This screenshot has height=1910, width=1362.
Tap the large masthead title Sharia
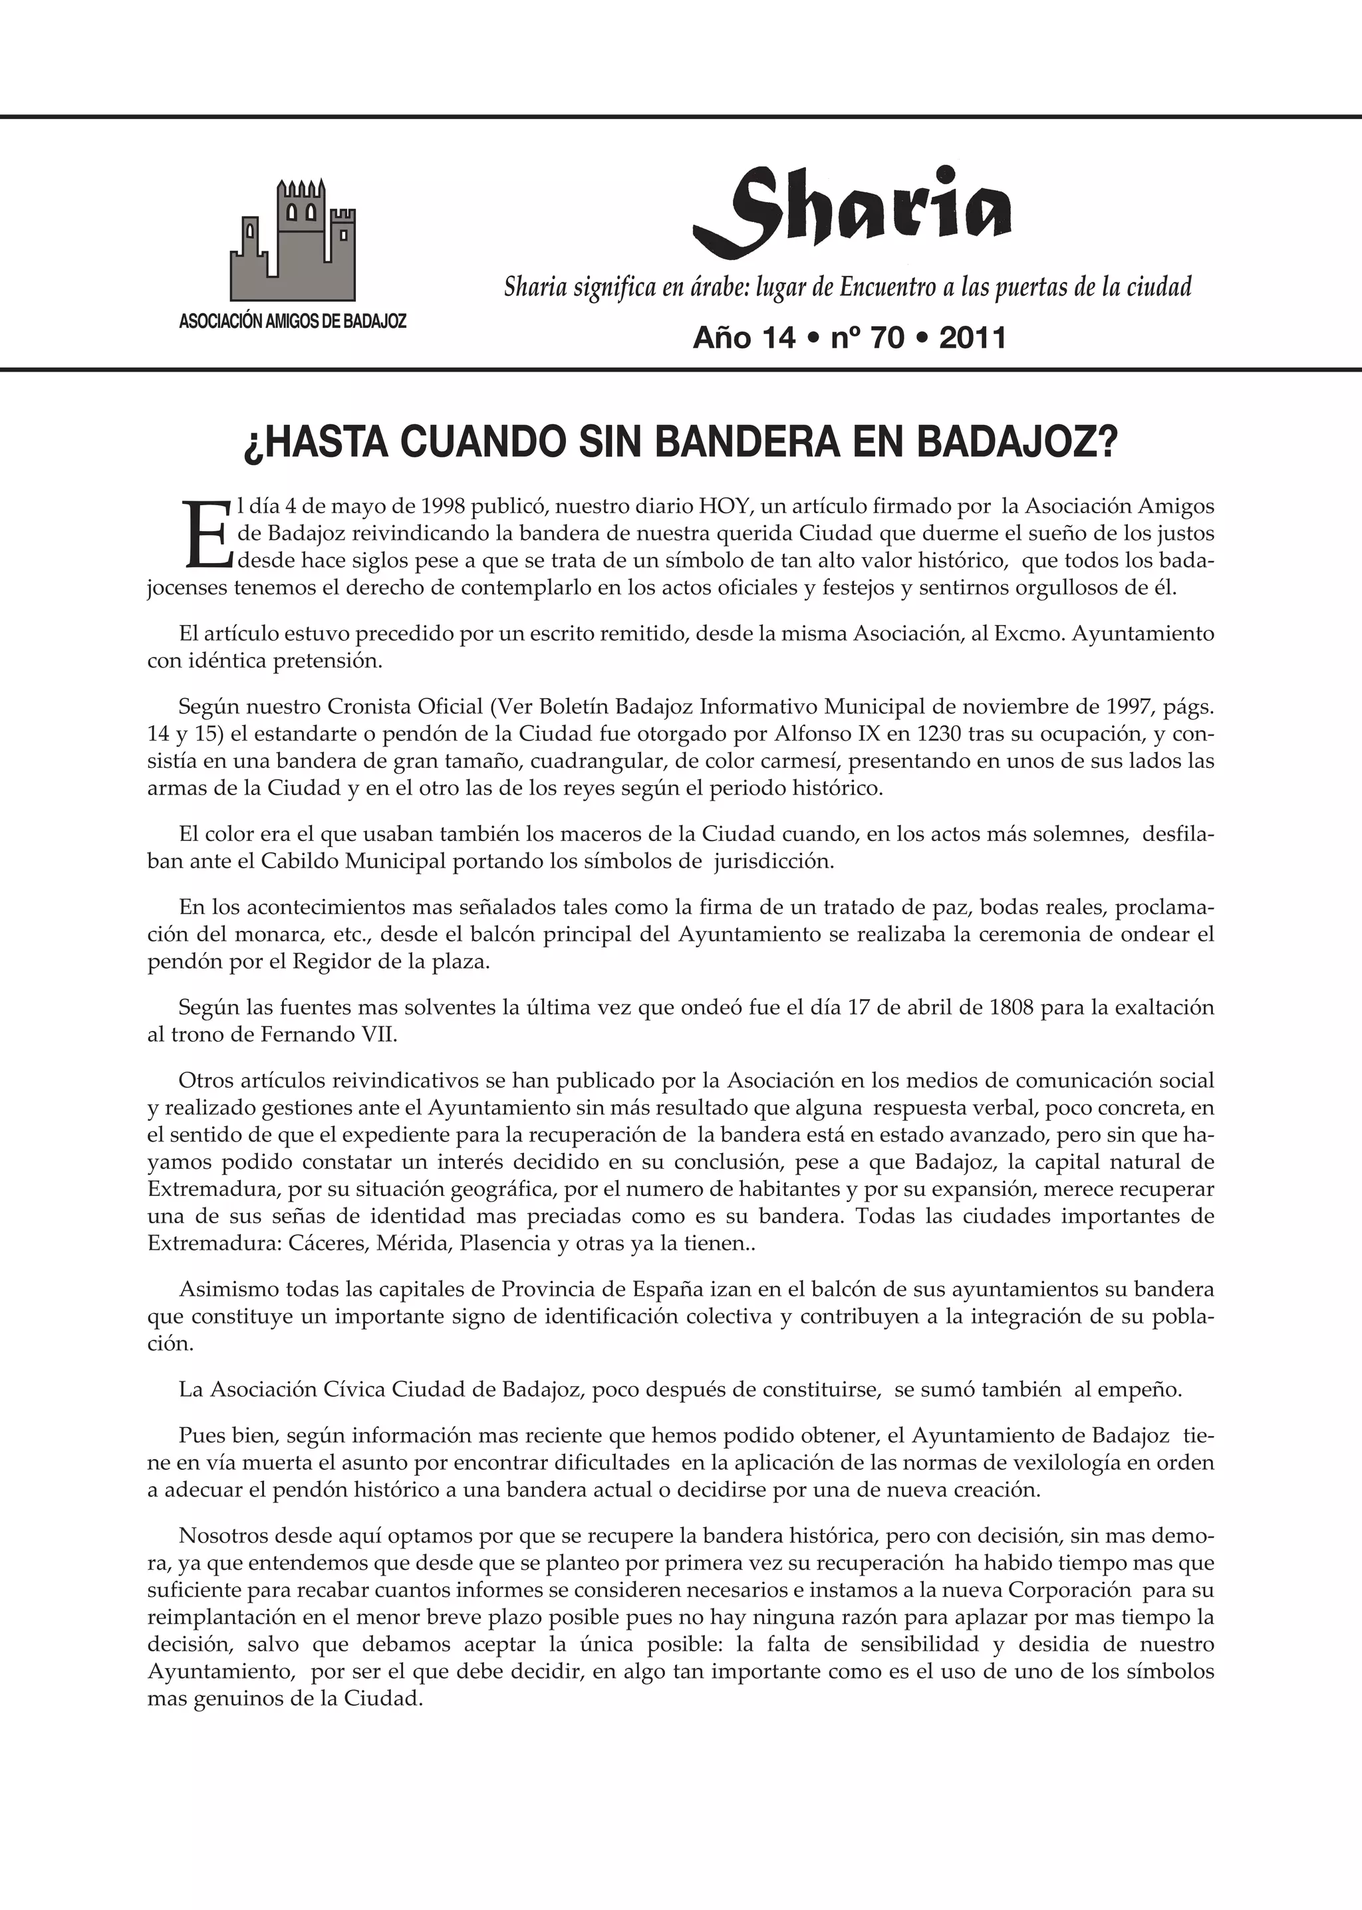click(x=851, y=212)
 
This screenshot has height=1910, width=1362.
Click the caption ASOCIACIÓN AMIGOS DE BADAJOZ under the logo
click(x=293, y=321)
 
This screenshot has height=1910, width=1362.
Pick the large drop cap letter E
click(x=205, y=534)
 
